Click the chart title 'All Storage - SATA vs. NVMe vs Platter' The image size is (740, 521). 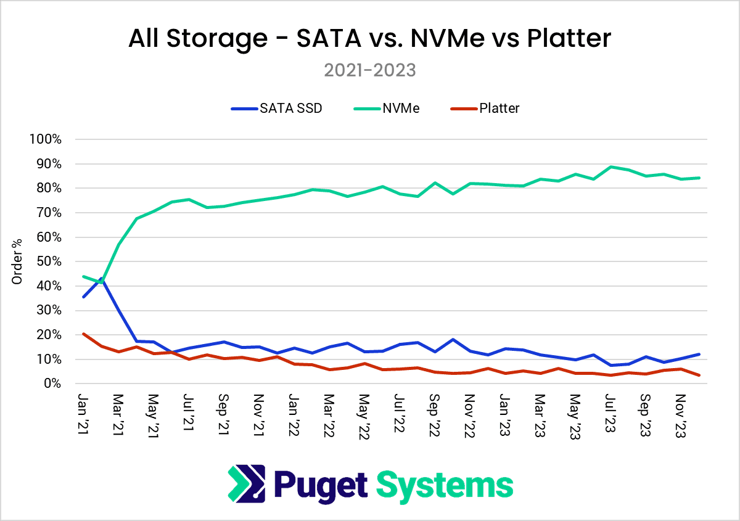pyautogui.click(x=369, y=39)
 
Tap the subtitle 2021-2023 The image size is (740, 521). pyautogui.click(x=369, y=70)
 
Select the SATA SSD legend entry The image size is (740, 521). pyautogui.click(x=277, y=109)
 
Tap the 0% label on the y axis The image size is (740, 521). pyautogui.click(x=52, y=384)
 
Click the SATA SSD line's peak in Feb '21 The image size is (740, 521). pyautogui.click(x=101, y=278)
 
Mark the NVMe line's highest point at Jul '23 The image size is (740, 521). pyautogui.click(x=611, y=166)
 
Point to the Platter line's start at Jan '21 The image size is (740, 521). pyautogui.click(x=84, y=334)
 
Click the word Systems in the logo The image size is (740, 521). pyautogui.click(x=444, y=485)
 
